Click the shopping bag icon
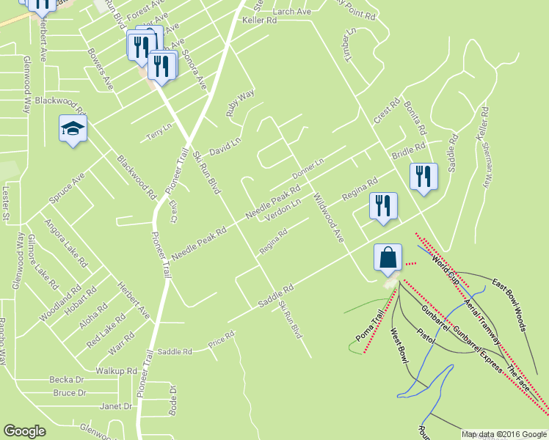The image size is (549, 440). pos(388,258)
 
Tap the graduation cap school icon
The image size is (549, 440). pos(72,129)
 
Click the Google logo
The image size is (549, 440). pos(25,431)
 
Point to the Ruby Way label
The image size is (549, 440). pos(240,103)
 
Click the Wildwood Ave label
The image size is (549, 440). pos(328,218)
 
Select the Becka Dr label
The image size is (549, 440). pos(67,380)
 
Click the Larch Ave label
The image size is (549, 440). pos(292,12)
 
